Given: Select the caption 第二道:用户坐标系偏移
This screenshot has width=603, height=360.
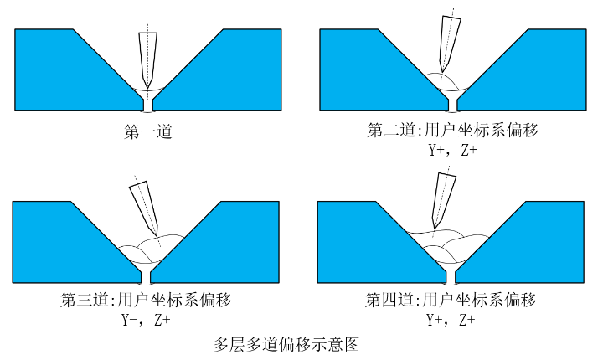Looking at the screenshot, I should (x=451, y=131).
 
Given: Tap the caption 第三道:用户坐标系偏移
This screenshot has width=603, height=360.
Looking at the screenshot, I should (x=147, y=300).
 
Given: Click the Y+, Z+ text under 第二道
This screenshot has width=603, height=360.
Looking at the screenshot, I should (x=452, y=151).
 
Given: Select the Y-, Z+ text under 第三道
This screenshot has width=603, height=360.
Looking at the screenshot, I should (x=147, y=320).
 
